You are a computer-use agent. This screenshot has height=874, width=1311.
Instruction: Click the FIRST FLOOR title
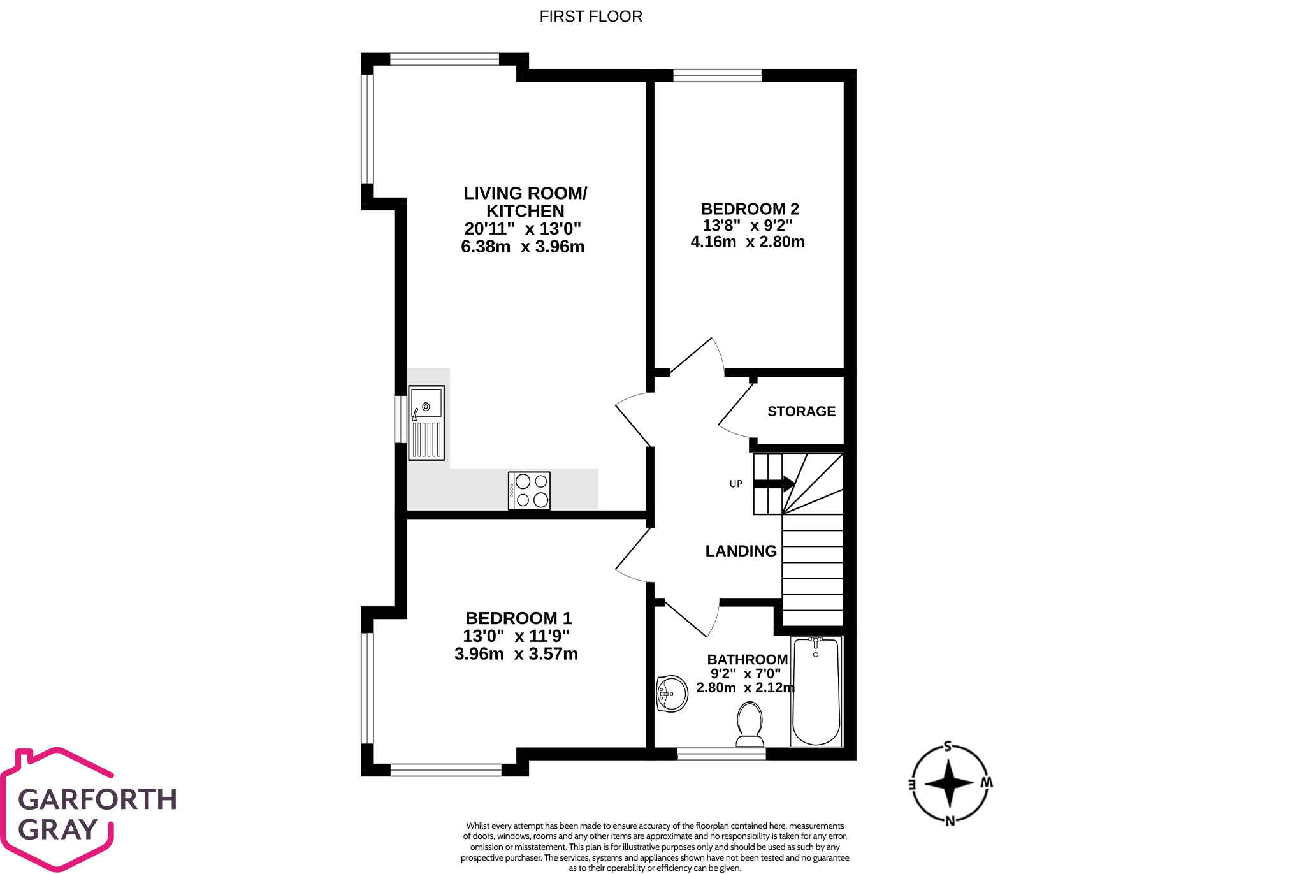pyautogui.click(x=590, y=17)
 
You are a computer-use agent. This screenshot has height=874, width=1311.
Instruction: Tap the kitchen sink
pyautogui.click(x=426, y=422)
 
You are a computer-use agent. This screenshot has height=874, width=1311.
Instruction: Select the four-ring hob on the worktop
pyautogui.click(x=529, y=490)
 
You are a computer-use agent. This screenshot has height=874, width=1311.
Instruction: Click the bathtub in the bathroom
pyautogui.click(x=816, y=691)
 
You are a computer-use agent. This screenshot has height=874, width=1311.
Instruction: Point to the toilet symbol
pyautogui.click(x=750, y=724)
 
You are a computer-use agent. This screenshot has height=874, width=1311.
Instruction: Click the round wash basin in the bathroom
pyautogui.click(x=672, y=694)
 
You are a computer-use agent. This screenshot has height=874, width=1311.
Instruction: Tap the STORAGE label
pyautogui.click(x=801, y=412)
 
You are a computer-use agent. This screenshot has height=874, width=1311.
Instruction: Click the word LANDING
pyautogui.click(x=741, y=551)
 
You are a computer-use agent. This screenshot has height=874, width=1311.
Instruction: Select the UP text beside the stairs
pyautogui.click(x=735, y=484)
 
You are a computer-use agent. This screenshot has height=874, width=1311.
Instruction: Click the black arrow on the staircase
pyautogui.click(x=774, y=484)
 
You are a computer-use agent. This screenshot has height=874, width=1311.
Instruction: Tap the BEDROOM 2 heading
pyautogui.click(x=750, y=209)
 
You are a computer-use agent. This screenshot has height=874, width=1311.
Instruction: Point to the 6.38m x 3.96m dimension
pyautogui.click(x=522, y=247)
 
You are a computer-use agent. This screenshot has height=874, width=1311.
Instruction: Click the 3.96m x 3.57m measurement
pyautogui.click(x=516, y=654)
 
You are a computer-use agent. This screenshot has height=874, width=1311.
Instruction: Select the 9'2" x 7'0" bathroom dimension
pyautogui.click(x=745, y=674)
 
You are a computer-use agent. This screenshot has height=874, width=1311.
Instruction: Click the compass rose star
pyautogui.click(x=949, y=783)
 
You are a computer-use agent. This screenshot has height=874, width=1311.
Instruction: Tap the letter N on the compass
pyautogui.click(x=950, y=821)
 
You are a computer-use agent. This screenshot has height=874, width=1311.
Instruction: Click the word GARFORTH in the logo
pyautogui.click(x=98, y=799)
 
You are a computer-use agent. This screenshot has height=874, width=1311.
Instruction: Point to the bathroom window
pyautogui.click(x=721, y=754)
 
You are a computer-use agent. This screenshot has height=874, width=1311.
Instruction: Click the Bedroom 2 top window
pyautogui.click(x=717, y=76)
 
